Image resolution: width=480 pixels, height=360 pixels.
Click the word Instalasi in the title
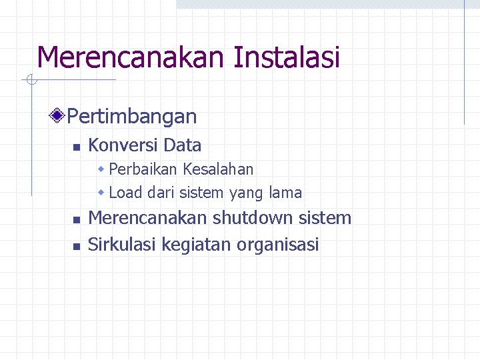click(287, 57)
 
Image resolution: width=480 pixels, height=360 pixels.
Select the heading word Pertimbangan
click(132, 117)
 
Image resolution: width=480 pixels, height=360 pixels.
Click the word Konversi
click(123, 145)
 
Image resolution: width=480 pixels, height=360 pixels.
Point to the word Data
click(182, 145)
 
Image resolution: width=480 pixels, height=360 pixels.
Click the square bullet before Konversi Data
click(76, 147)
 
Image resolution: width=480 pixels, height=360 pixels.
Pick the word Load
click(125, 193)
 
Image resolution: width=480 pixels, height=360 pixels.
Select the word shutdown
click(254, 218)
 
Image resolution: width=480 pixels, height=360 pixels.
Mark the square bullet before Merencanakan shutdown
click(76, 219)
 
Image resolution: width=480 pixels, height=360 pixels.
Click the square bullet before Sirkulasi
click(76, 246)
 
